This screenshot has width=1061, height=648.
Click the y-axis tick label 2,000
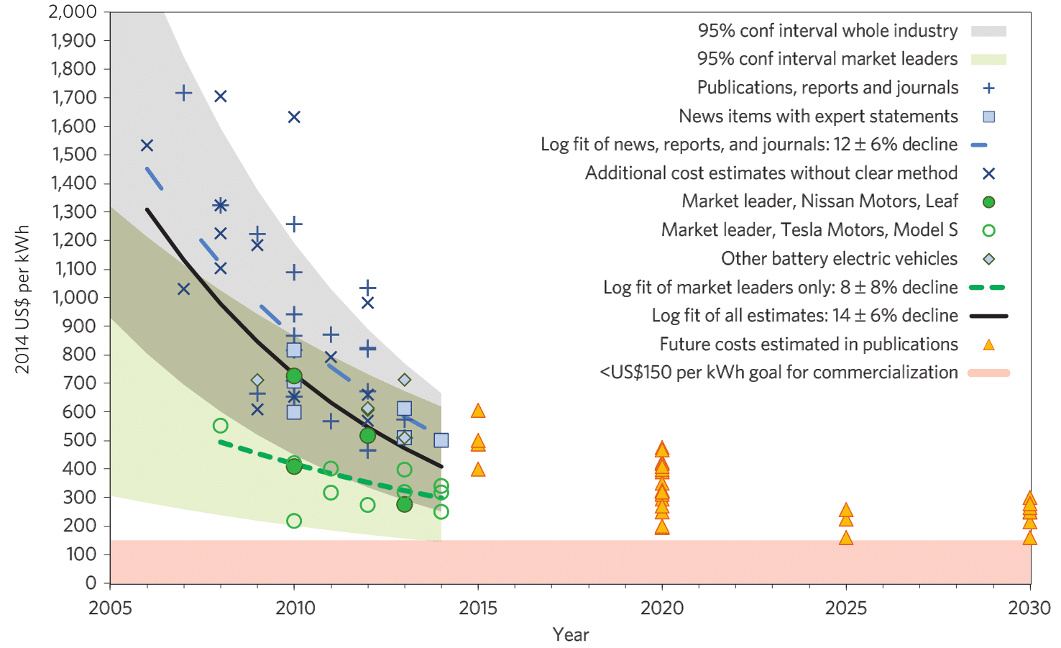click(72, 12)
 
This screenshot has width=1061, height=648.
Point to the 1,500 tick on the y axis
click(72, 155)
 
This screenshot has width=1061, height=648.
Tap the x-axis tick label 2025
click(845, 608)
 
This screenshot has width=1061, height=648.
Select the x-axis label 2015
click(478, 608)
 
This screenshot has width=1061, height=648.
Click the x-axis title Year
click(571, 634)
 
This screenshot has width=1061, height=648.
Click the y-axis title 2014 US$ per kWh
click(22, 299)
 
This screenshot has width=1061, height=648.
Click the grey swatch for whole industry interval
click(988, 31)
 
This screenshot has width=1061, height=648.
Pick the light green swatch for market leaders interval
click(988, 59)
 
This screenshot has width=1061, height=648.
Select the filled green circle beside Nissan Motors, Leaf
click(988, 202)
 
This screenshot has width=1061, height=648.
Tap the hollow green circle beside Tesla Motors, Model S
click(988, 231)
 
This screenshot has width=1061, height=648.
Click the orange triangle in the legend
click(988, 345)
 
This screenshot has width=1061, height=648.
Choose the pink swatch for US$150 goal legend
click(988, 373)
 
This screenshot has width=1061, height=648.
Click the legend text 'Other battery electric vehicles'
click(839, 259)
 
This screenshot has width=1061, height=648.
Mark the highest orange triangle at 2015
click(478, 411)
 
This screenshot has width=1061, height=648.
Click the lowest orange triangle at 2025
click(846, 538)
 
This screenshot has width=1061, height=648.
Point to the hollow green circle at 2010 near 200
click(294, 521)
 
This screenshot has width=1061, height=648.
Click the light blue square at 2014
click(441, 440)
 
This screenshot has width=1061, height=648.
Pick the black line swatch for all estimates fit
click(988, 316)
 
